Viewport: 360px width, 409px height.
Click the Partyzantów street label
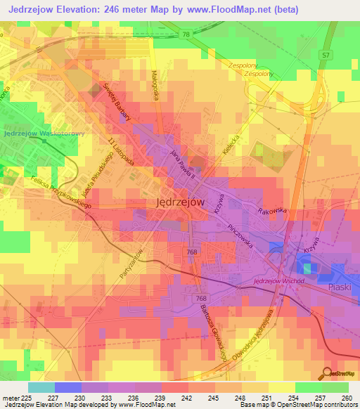pyautogui.click(x=131, y=264)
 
